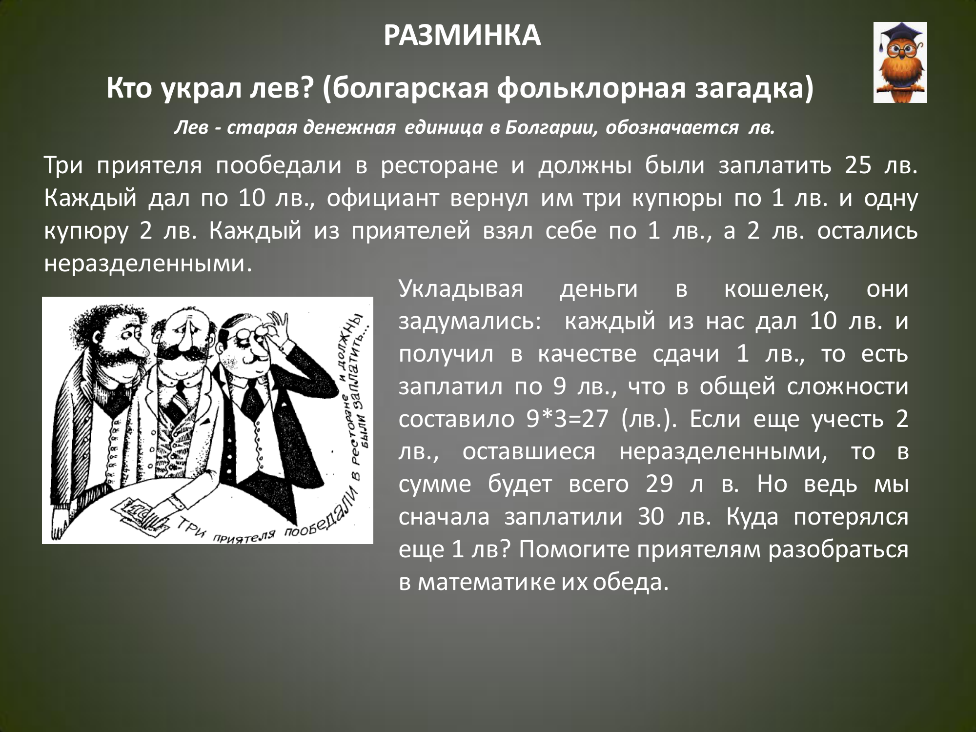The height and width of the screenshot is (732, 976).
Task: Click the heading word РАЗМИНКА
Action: coord(462,36)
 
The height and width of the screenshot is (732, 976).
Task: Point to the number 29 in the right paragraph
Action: coord(659,485)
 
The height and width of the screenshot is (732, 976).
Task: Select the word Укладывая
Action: coord(461,290)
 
